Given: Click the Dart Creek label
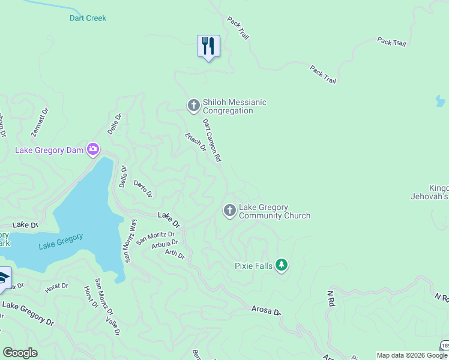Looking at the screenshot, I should pyautogui.click(x=88, y=18).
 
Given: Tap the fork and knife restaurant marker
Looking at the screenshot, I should pyautogui.click(x=208, y=46).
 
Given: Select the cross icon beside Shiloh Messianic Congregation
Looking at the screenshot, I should pyautogui.click(x=193, y=106).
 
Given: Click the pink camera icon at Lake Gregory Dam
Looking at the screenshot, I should pyautogui.click(x=92, y=149).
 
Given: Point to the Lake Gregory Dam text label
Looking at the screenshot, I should pyautogui.click(x=49, y=150).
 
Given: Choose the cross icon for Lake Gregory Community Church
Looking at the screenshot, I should pyautogui.click(x=229, y=211).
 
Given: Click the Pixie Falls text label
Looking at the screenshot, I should pyautogui.click(x=253, y=265).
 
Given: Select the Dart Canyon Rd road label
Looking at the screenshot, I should pyautogui.click(x=212, y=140).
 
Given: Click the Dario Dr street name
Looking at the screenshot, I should pyautogui.click(x=143, y=189).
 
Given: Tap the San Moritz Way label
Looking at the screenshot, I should pyautogui.click(x=130, y=241).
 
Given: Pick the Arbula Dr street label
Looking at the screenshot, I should pyautogui.click(x=165, y=244).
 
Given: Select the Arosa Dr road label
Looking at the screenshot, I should pyautogui.click(x=265, y=311).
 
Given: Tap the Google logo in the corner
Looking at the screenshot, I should pyautogui.click(x=20, y=352).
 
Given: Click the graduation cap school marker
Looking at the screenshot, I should pyautogui.click(x=3, y=279).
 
